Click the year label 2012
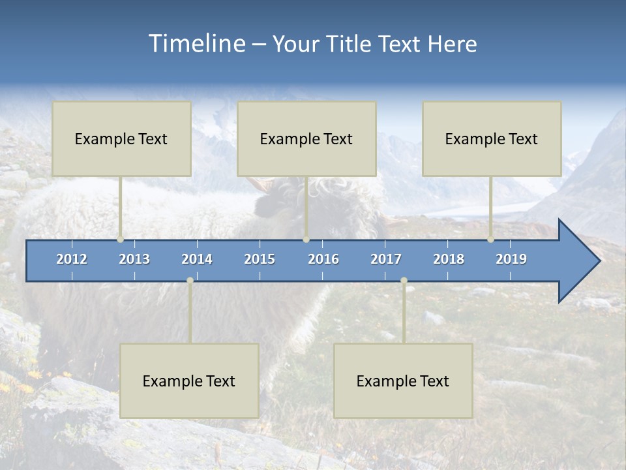(72, 259)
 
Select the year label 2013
(134, 259)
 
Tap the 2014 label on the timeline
(197, 259)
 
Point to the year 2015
(260, 259)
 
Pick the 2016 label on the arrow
(323, 259)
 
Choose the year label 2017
(386, 259)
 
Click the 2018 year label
(449, 259)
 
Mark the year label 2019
(511, 259)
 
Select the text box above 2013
(121, 138)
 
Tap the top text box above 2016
(306, 138)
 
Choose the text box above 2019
(492, 138)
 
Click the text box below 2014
(189, 381)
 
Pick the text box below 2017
(403, 381)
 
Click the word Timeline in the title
(196, 44)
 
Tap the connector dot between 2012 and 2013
(121, 240)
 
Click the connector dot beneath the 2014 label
(190, 281)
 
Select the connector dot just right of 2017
(404, 281)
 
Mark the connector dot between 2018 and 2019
(491, 240)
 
